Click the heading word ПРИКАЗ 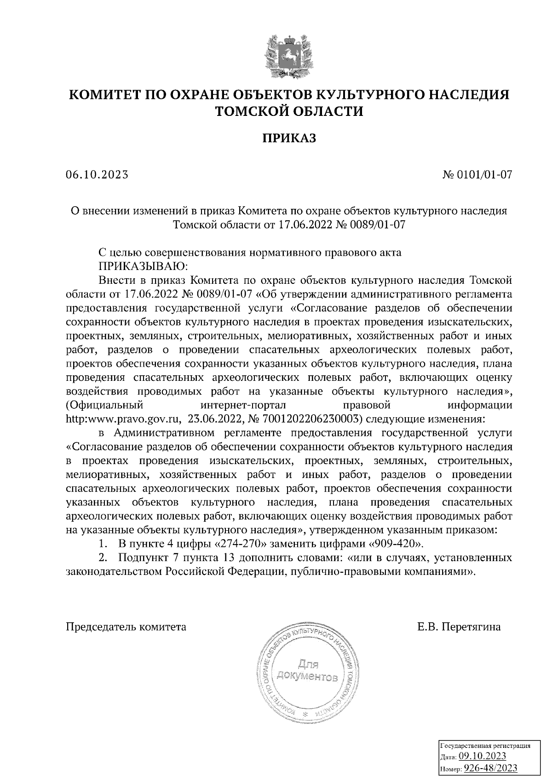(289, 138)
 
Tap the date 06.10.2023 (97, 175)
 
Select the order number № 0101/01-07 (477, 175)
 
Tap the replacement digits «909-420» (395, 544)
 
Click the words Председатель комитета (126, 627)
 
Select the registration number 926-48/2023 (490, 769)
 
